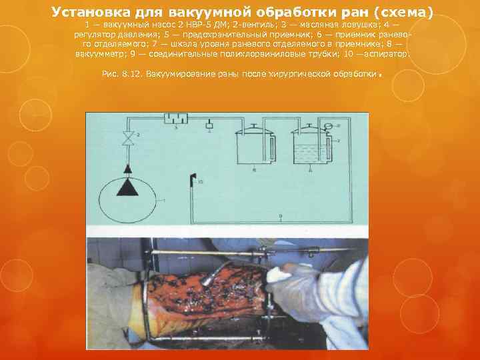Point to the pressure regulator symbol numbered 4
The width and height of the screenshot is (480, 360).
[x=210, y=125]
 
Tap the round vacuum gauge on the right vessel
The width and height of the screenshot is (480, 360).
[x=328, y=127]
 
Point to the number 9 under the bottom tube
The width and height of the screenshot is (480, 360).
[x=281, y=215]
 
